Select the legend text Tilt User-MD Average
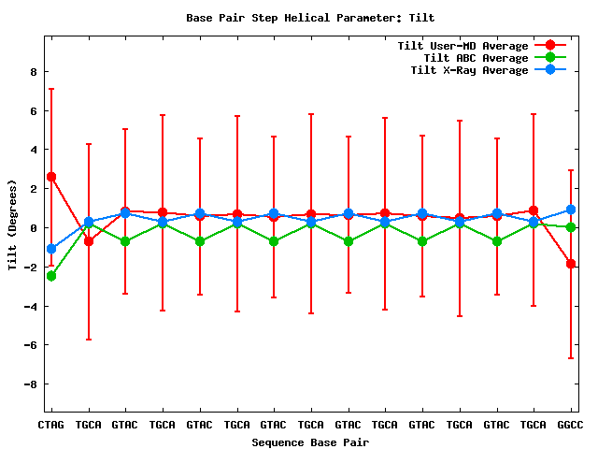[463, 46]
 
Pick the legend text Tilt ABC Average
[469, 58]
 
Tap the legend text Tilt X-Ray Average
[469, 70]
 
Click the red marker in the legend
[550, 46]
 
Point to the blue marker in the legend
[550, 70]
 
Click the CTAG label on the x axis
[50, 425]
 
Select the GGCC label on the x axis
[570, 425]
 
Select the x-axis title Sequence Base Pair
[310, 442]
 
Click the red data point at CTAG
[50, 177]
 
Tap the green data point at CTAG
[50, 276]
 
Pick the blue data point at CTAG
[50, 249]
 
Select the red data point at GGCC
[570, 264]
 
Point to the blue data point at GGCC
[570, 210]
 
